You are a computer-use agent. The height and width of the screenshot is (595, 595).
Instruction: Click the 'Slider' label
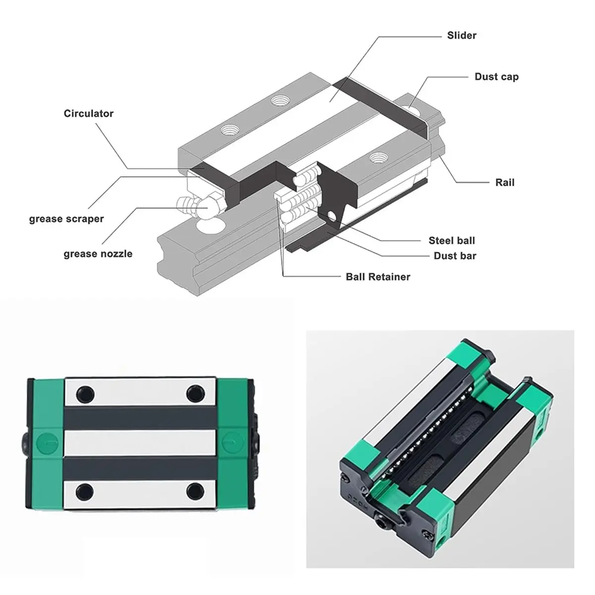461,36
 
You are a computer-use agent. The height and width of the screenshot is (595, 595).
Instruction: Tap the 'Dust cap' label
496,77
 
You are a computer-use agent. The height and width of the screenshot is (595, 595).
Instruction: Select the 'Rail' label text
505,182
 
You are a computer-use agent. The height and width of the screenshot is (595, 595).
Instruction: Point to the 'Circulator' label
89,114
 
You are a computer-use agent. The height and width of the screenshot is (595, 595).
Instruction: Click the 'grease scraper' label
66,219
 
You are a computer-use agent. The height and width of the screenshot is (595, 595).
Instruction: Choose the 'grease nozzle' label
98,254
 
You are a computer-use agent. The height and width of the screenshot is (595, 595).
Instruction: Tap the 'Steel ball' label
451,240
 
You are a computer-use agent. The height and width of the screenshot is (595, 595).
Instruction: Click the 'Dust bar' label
455,256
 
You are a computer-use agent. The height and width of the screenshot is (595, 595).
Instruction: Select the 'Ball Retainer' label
378,277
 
